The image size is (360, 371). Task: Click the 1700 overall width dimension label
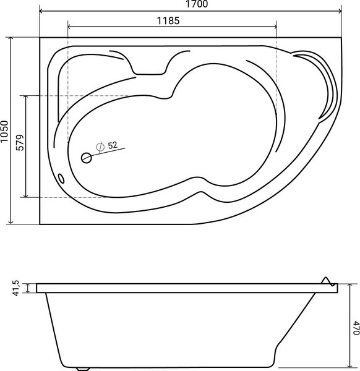pyautogui.click(x=197, y=4)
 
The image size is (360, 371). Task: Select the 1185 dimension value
pyautogui.click(x=168, y=21)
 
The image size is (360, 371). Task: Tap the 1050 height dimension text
pyautogui.click(x=4, y=131)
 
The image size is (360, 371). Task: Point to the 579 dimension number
pyautogui.click(x=20, y=143)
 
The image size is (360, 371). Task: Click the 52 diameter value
pyautogui.click(x=113, y=145)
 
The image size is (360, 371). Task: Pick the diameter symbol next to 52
pyautogui.click(x=100, y=147)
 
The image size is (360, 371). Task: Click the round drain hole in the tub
pyautogui.click(x=87, y=158)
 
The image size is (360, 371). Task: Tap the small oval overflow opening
pyautogui.click(x=61, y=178)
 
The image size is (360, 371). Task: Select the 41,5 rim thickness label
pyautogui.click(x=16, y=288)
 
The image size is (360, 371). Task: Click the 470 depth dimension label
pyautogui.click(x=356, y=328)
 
